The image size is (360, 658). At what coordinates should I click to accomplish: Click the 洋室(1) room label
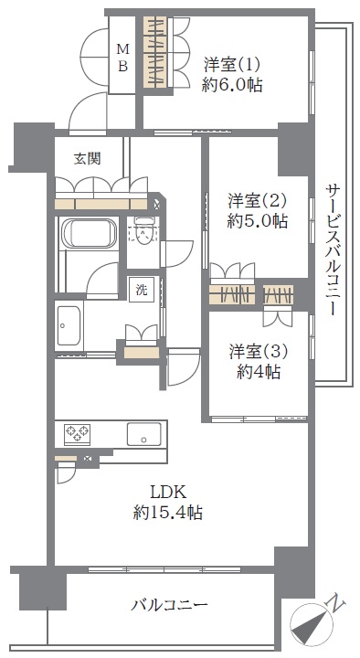pyautogui.click(x=232, y=66)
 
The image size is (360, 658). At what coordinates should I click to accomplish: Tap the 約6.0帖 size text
pyautogui.click(x=232, y=86)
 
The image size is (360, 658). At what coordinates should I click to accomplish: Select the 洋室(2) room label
pyautogui.click(x=257, y=200)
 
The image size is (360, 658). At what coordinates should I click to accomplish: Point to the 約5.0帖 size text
pyautogui.click(x=257, y=220)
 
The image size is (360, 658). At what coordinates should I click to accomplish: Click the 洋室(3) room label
pyautogui.click(x=258, y=352)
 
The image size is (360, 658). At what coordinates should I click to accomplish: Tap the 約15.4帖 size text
pyautogui.click(x=168, y=512)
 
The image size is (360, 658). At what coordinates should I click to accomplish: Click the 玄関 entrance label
pyautogui.click(x=88, y=159)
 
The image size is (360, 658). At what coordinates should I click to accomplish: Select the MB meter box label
pyautogui.click(x=122, y=58)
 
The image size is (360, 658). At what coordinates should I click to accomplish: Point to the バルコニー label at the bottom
pyautogui.click(x=170, y=605)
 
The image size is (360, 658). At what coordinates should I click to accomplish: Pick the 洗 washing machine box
pyautogui.click(x=142, y=290)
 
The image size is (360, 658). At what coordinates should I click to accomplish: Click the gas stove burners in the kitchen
pyautogui.click(x=77, y=432)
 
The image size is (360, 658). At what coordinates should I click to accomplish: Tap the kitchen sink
pyautogui.click(x=144, y=434)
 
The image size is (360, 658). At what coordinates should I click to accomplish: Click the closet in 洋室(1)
pyautogui.click(x=155, y=52)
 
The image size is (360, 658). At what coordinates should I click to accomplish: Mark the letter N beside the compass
pyautogui.click(x=336, y=603)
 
